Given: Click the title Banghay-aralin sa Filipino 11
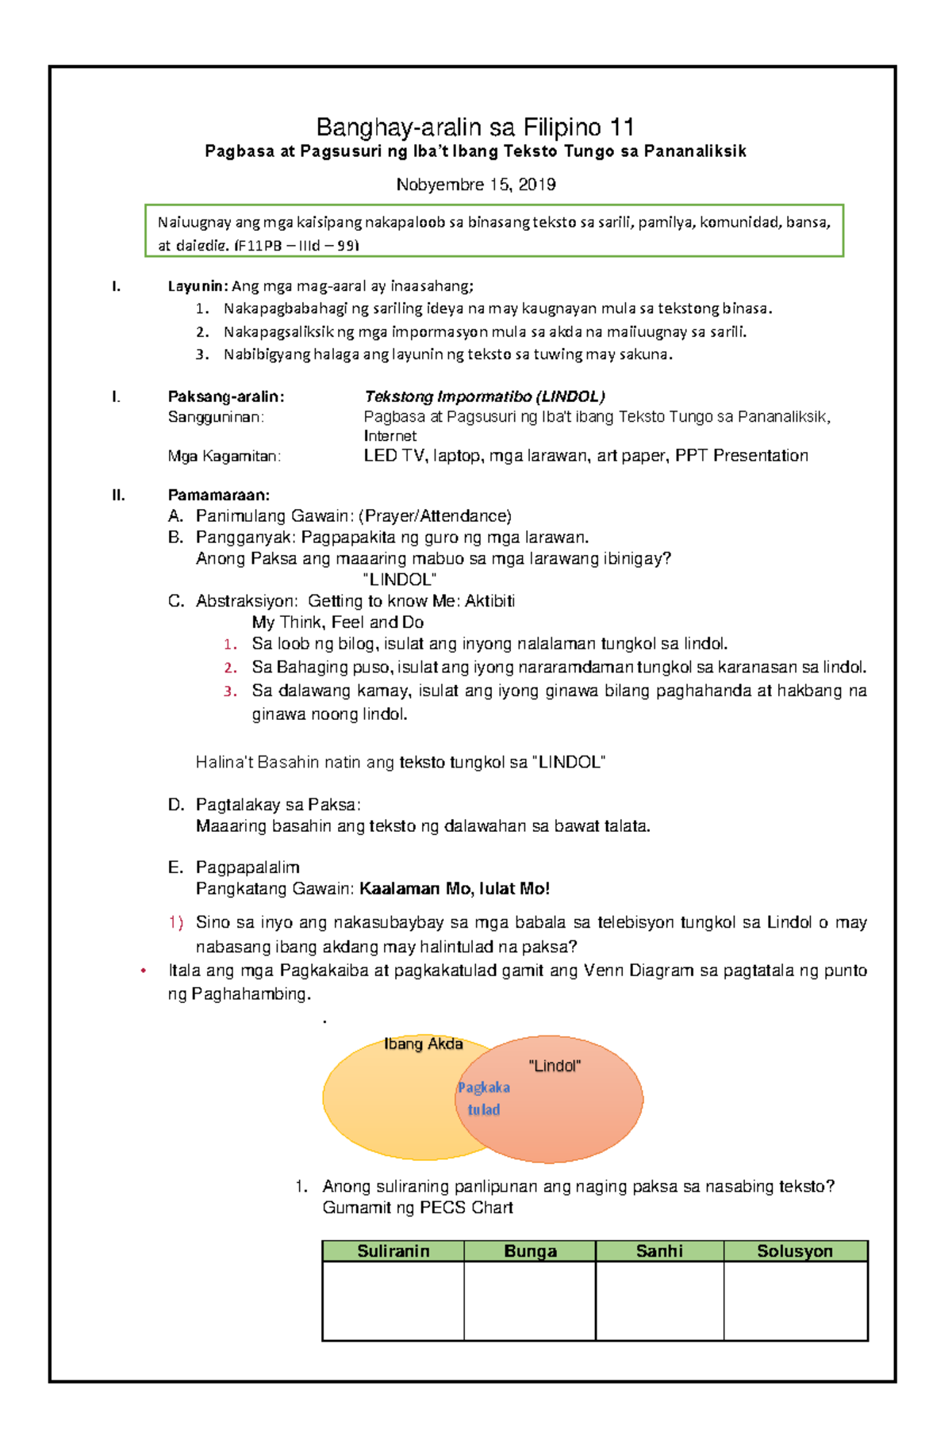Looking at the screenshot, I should (474, 127).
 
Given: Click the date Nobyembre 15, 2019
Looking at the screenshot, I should (475, 185).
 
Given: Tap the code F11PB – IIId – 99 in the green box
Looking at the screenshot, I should (297, 246).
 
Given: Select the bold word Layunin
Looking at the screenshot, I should (198, 286).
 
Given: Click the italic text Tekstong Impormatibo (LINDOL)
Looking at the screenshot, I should (484, 396).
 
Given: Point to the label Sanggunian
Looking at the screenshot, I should (216, 417).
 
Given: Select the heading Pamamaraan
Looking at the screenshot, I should (218, 496).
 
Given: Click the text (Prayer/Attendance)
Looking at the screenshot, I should (435, 516).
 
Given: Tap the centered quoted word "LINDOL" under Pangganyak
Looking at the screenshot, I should (399, 580).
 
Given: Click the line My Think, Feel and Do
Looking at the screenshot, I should (337, 622).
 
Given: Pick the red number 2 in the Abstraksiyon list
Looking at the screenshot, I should (230, 668).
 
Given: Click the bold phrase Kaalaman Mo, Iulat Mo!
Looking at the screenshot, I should (455, 889).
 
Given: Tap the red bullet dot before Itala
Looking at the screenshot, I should (144, 971).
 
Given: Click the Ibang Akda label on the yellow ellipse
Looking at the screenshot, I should (423, 1044).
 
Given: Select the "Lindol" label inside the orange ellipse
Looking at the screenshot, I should (555, 1066).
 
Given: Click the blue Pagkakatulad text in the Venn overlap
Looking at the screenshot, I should (484, 1098).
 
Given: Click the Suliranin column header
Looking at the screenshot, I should (393, 1251).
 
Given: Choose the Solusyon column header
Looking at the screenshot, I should (794, 1251).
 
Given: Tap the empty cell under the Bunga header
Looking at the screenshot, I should (529, 1300).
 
